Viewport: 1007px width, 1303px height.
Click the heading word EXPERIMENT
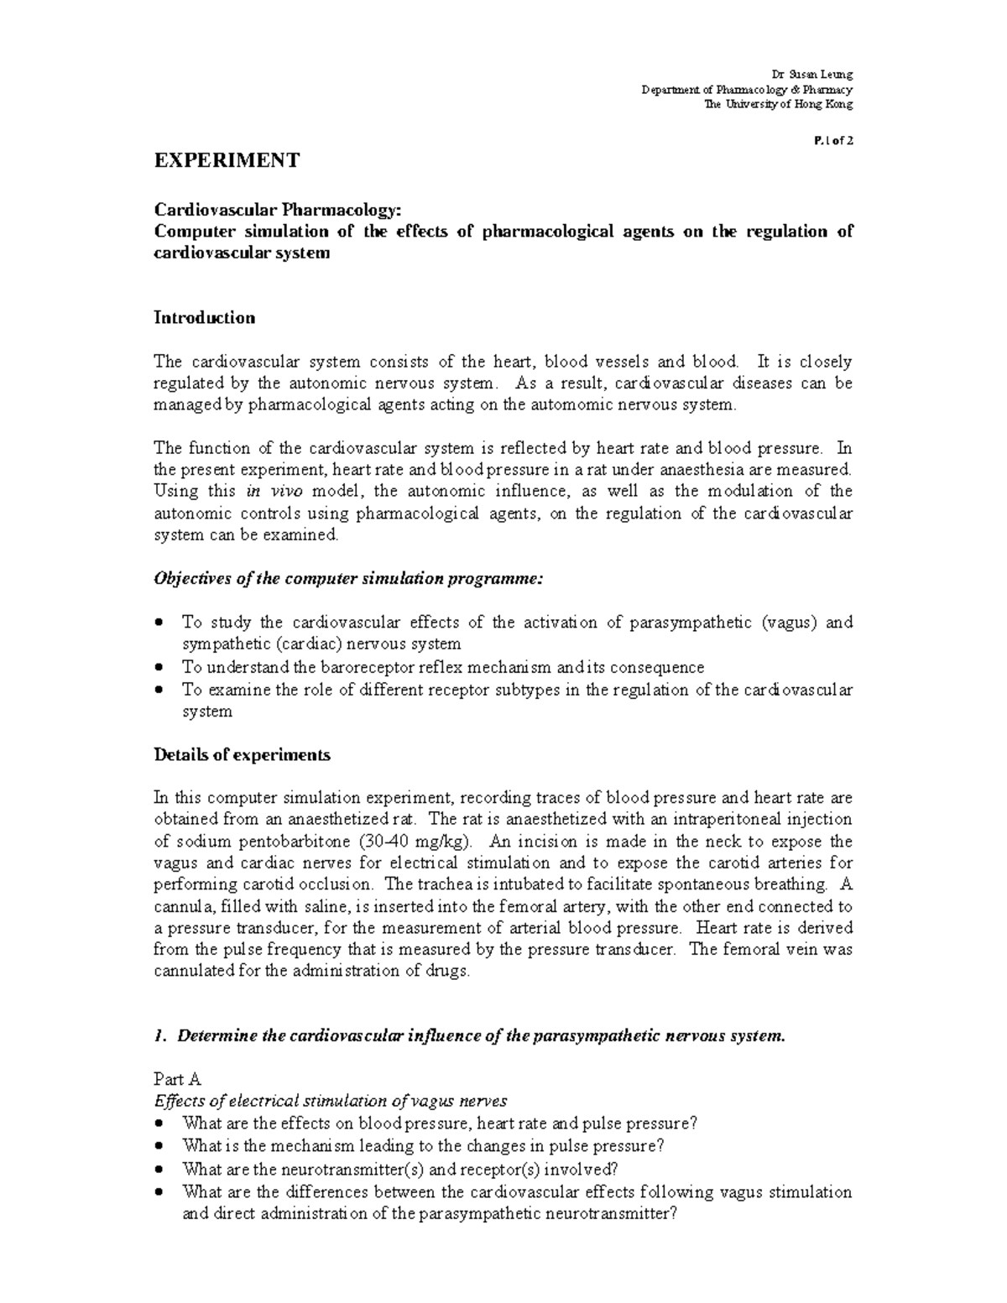[x=227, y=160]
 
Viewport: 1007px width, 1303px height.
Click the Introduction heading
[x=205, y=318]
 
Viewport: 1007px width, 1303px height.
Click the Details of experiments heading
[x=242, y=754]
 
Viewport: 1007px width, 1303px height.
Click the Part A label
[x=177, y=1080]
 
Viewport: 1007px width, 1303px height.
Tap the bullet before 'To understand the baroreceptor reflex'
[x=161, y=668]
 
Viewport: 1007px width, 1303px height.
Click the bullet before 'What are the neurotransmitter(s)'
[x=161, y=1170]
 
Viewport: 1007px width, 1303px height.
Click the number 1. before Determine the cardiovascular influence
[x=159, y=1036]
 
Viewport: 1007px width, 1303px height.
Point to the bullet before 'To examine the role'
[x=161, y=691]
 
